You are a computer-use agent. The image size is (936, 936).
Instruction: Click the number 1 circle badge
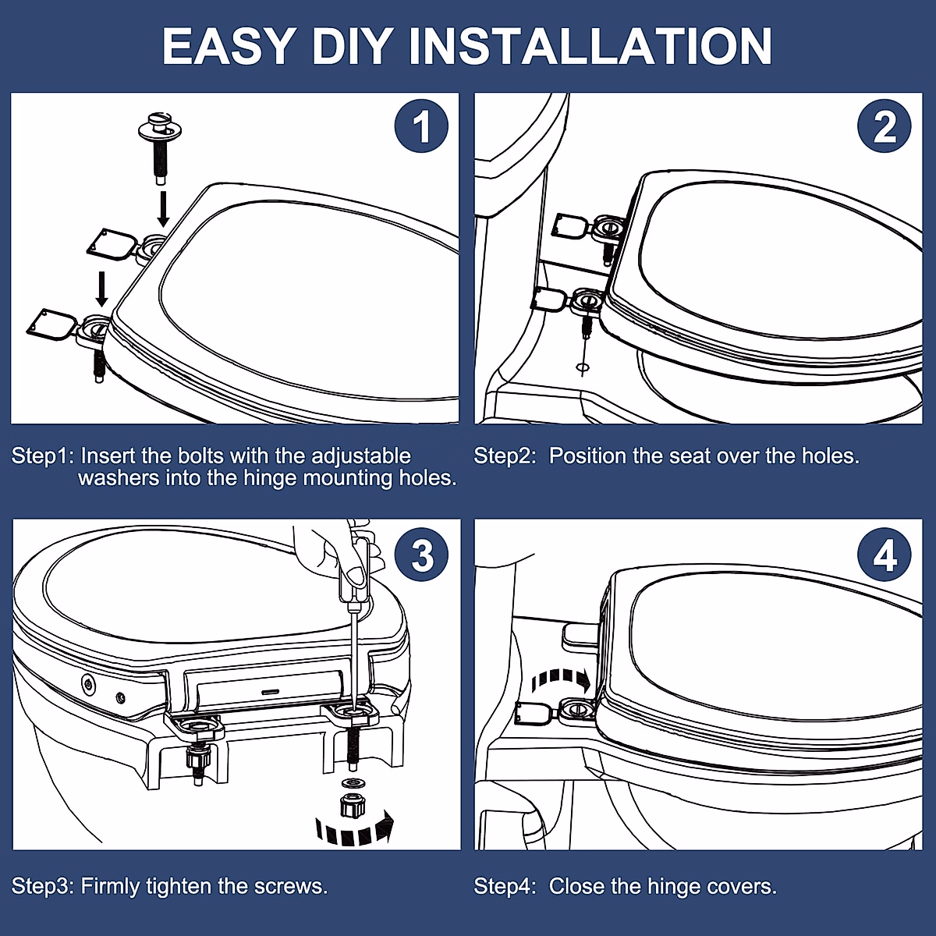click(420, 126)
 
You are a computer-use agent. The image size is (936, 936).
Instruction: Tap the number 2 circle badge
click(885, 126)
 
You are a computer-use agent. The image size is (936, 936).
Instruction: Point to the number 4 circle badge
click(885, 555)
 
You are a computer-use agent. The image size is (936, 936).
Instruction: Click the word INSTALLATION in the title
click(590, 47)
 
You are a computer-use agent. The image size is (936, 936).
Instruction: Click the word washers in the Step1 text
click(119, 478)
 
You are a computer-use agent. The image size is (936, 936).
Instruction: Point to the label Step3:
click(43, 886)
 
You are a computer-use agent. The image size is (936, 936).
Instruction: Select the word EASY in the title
click(229, 47)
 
